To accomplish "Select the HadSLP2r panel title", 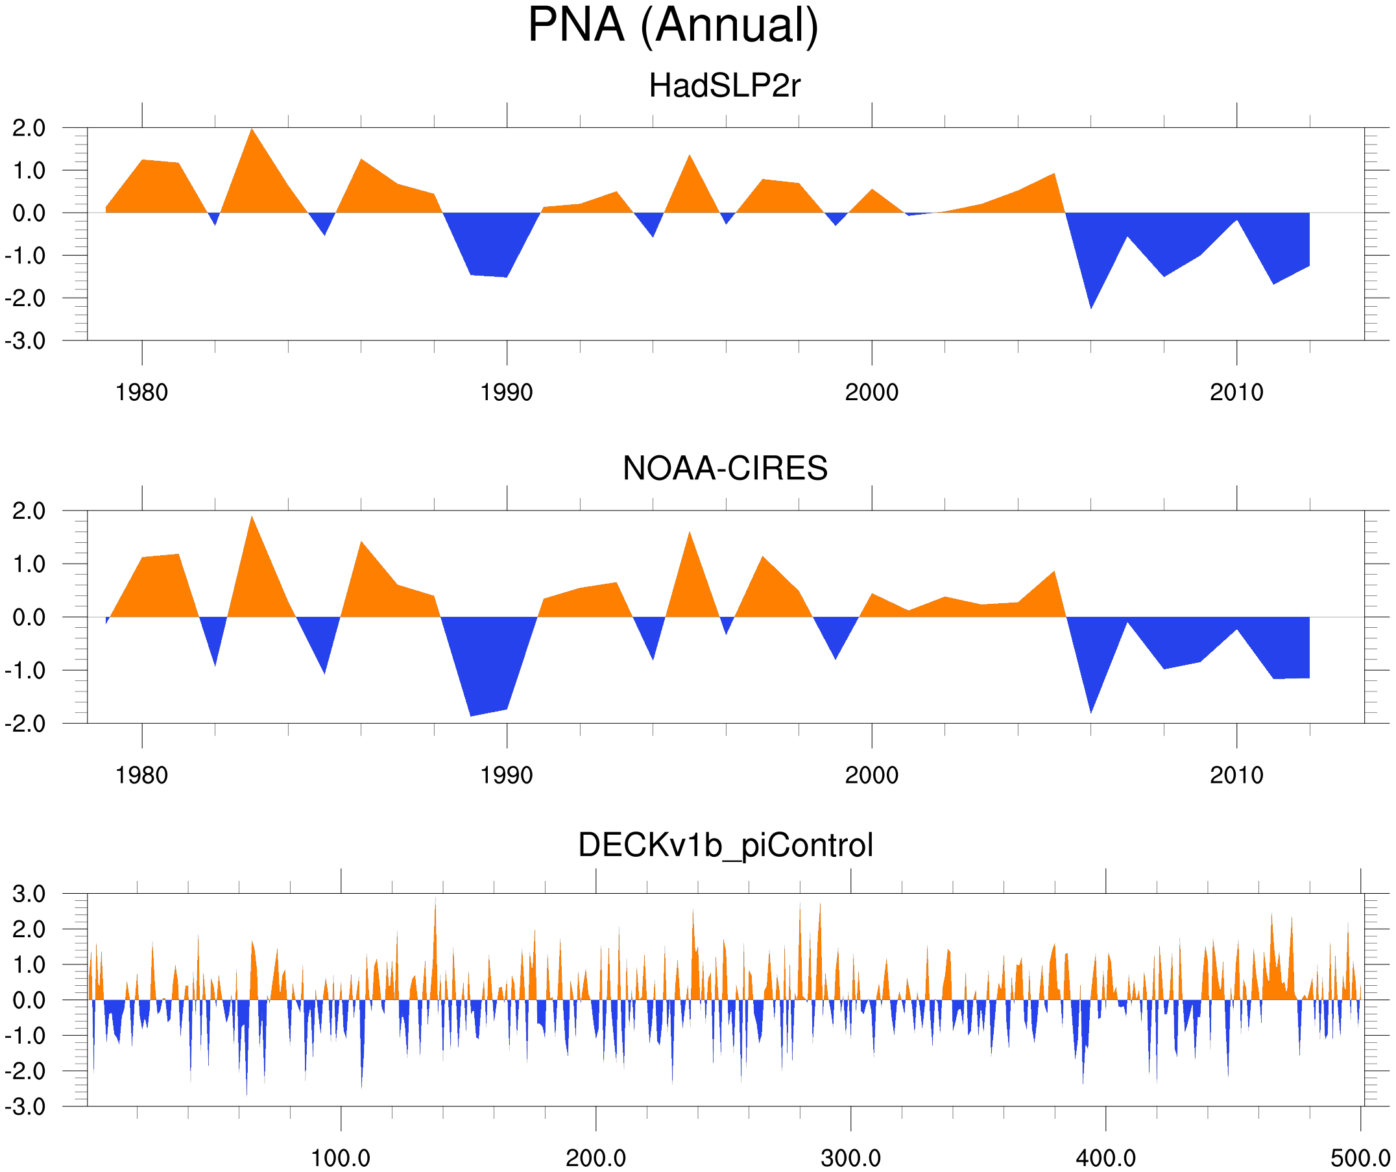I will tap(725, 86).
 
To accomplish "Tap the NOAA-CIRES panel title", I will tap(725, 469).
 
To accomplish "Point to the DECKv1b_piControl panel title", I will tap(725, 846).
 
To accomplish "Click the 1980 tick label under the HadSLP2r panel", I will tap(141, 393).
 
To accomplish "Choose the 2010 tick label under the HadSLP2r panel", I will tap(1236, 393).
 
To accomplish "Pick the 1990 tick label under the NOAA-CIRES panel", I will tap(507, 776).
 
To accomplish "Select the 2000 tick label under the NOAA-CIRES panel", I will tap(871, 776).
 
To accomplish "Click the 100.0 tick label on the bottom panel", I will tap(341, 1158).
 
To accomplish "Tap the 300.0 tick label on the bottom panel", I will tap(851, 1158).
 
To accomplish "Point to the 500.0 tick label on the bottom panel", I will tap(1360, 1158).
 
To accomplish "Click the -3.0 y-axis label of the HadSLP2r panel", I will tap(25, 342).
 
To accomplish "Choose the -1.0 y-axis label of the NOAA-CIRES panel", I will tap(25, 671).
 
